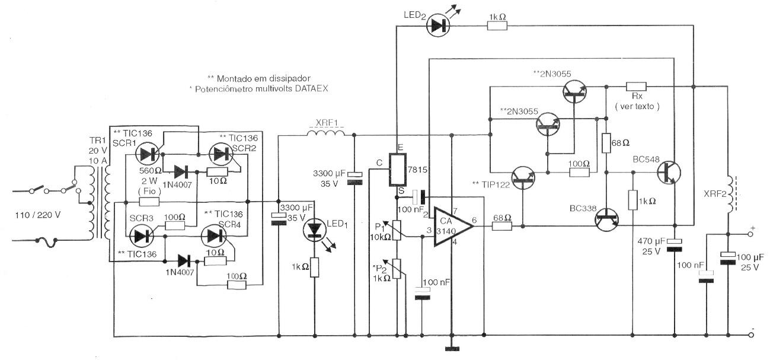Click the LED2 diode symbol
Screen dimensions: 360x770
pos(439,26)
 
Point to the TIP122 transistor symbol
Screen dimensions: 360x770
pos(523,177)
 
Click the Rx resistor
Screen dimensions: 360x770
pos(637,86)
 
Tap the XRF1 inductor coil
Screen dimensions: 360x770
pos(325,136)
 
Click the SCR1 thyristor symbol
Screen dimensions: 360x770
pos(146,155)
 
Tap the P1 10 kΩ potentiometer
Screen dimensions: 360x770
pos(398,229)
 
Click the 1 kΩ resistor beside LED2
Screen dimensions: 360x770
pos(496,26)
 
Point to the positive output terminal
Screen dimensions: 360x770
pos(752,234)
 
